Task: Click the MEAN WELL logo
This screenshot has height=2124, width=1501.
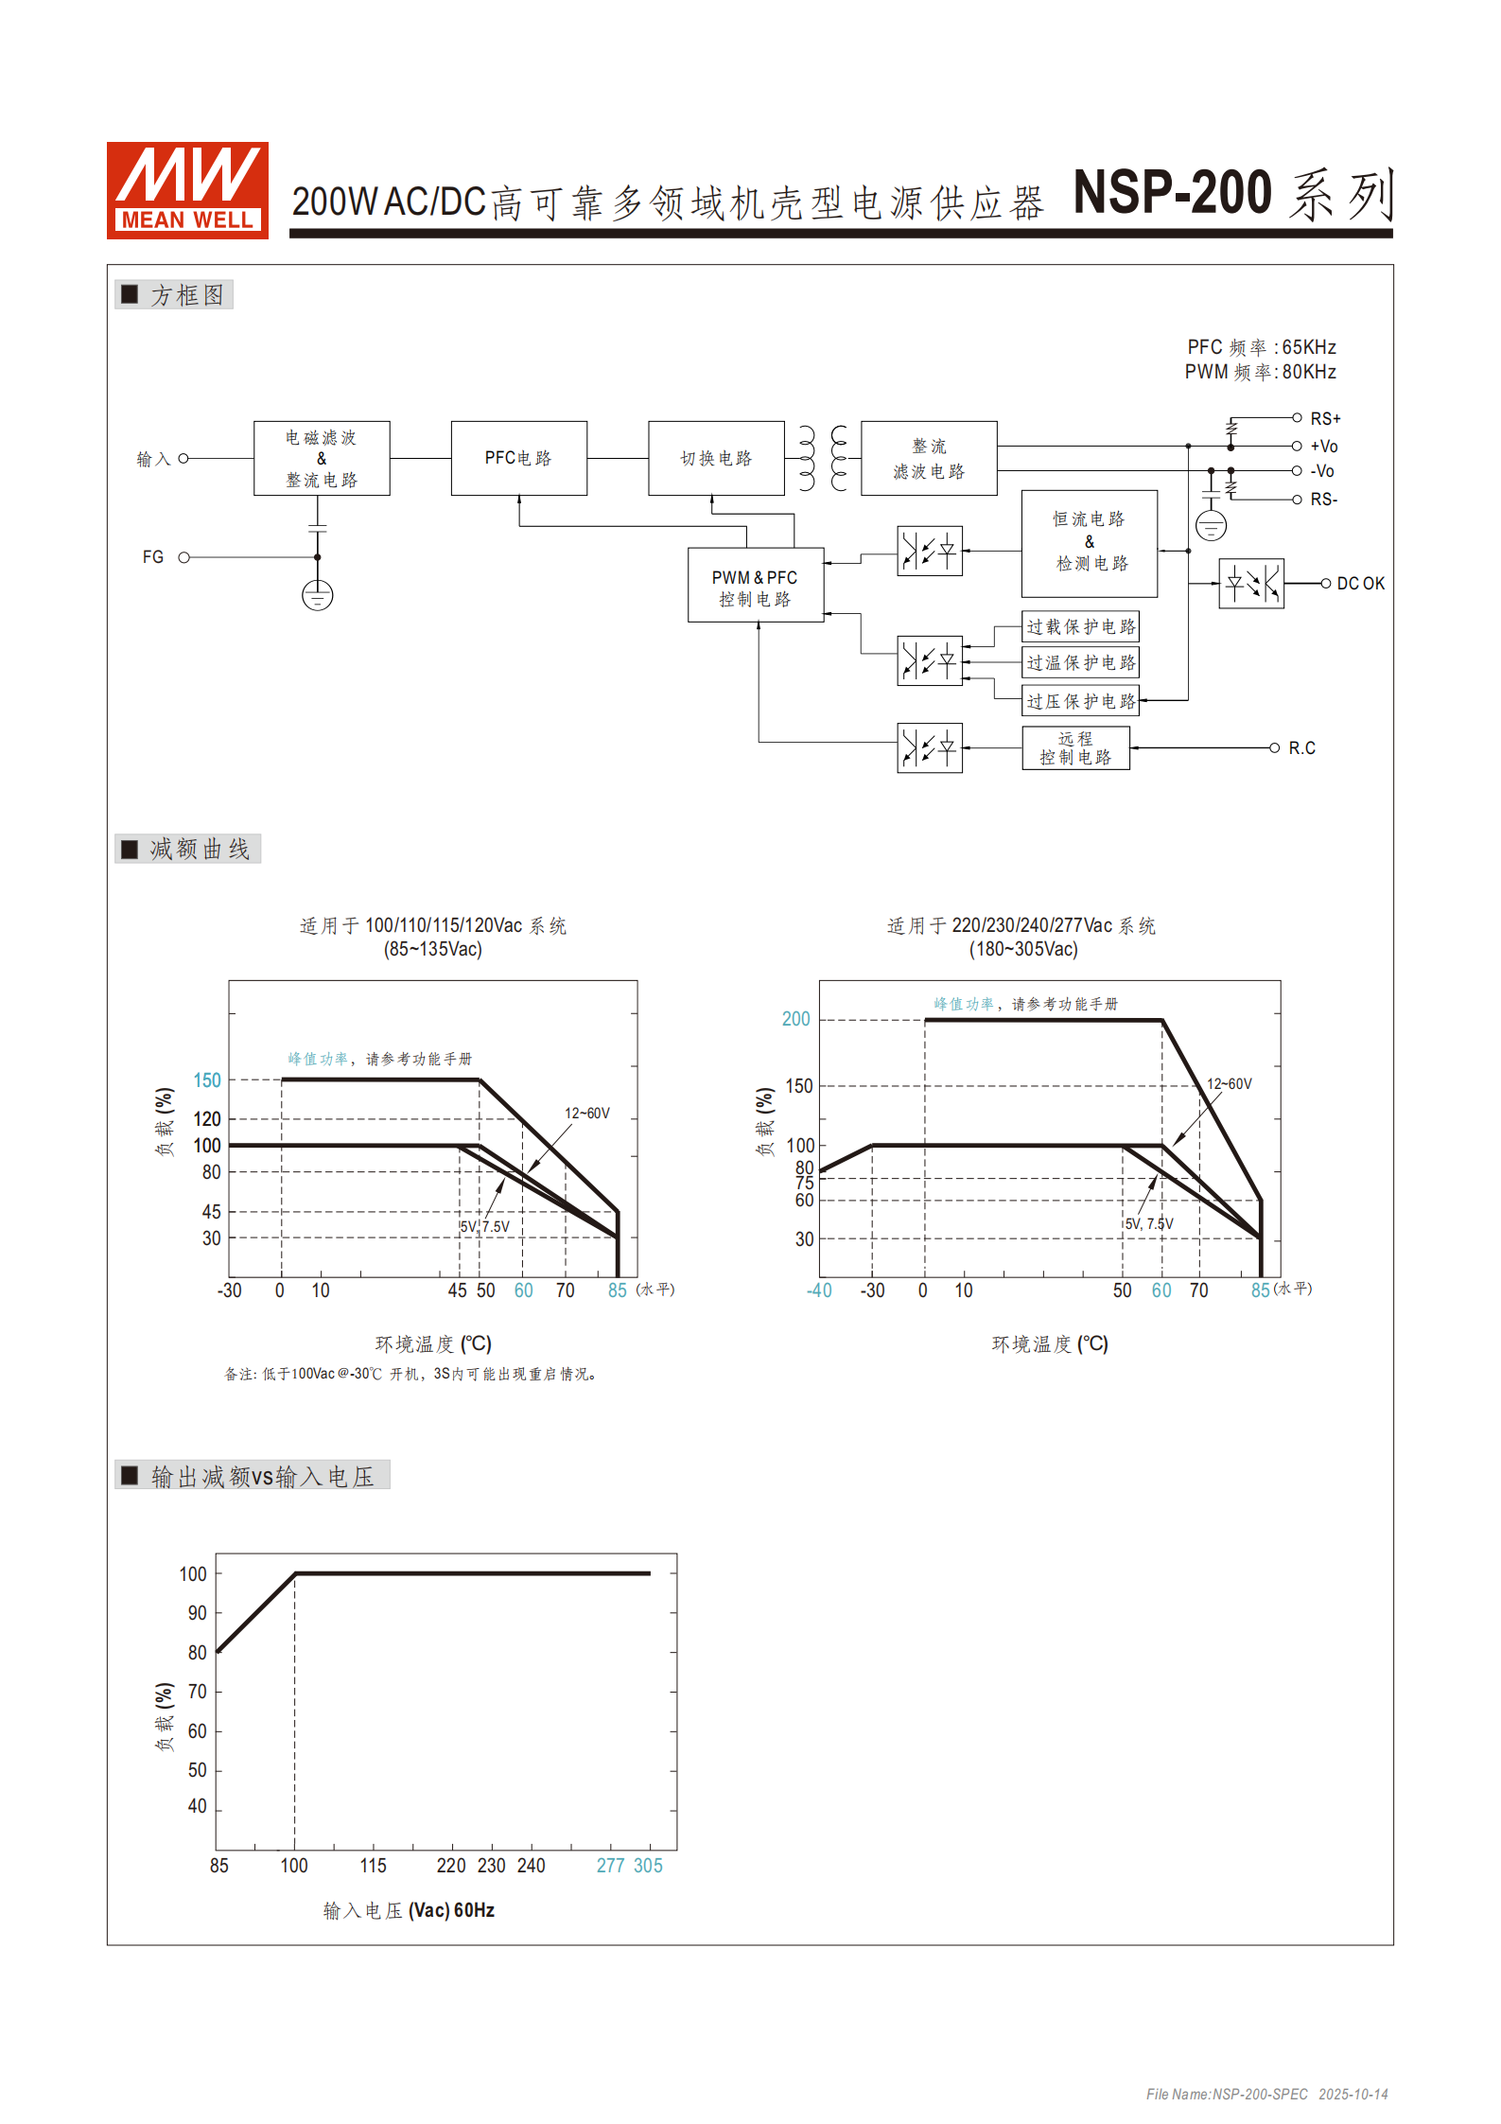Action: click(x=187, y=190)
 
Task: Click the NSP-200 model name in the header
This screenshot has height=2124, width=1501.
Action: click(x=1172, y=193)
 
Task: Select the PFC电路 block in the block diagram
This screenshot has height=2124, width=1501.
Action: click(x=518, y=458)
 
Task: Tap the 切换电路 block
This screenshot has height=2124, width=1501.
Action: click(x=716, y=458)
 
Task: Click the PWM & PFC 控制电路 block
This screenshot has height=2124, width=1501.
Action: click(x=755, y=587)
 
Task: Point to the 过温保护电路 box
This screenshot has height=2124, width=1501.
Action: click(x=1080, y=662)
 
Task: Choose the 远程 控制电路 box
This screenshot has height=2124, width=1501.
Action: click(x=1075, y=747)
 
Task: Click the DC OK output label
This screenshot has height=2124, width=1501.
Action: click(x=1360, y=584)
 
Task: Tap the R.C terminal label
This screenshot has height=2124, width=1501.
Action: click(x=1301, y=748)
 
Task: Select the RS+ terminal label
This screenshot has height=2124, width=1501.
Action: click(x=1324, y=418)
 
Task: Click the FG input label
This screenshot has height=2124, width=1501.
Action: click(x=153, y=557)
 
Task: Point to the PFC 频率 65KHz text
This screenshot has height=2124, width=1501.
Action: click(x=1261, y=347)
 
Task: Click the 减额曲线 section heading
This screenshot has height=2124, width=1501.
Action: click(x=199, y=849)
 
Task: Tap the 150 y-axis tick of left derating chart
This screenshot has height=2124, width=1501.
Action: click(x=207, y=1080)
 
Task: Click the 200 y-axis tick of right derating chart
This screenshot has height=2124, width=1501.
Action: click(x=795, y=1019)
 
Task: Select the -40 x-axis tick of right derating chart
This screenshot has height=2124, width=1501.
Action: click(x=819, y=1290)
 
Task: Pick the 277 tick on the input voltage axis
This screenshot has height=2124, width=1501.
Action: click(x=610, y=1865)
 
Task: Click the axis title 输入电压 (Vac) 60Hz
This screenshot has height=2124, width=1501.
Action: click(x=409, y=1910)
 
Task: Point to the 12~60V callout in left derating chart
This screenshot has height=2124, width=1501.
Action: click(x=587, y=1113)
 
